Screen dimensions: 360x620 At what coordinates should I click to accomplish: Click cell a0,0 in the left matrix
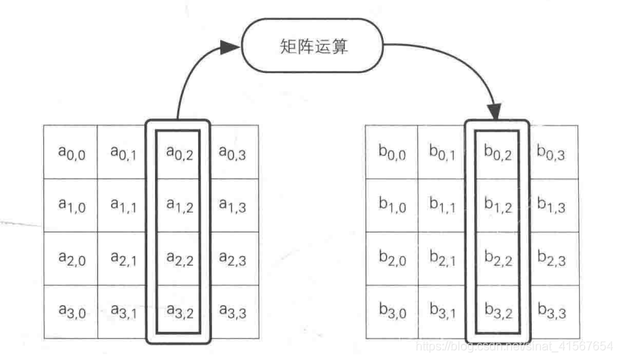[71, 153]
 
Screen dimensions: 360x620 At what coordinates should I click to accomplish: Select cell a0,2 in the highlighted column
[179, 153]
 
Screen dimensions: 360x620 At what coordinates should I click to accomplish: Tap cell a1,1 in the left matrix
[124, 205]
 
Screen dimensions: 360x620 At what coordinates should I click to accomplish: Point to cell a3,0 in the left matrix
[71, 311]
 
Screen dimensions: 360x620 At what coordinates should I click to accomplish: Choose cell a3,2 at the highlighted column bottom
[179, 311]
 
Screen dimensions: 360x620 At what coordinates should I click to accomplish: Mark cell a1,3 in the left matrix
[232, 205]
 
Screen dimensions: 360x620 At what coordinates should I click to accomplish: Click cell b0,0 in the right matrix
[391, 153]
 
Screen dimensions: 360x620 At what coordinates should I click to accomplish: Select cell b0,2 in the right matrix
[498, 153]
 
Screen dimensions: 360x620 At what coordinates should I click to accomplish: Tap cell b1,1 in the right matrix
[443, 205]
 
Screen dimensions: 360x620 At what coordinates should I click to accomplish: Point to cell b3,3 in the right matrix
[551, 311]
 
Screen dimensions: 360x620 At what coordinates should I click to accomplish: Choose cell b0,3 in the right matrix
[551, 153]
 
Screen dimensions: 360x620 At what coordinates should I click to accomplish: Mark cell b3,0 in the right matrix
[391, 311]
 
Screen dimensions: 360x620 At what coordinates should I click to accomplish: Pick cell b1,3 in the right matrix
[551, 205]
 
